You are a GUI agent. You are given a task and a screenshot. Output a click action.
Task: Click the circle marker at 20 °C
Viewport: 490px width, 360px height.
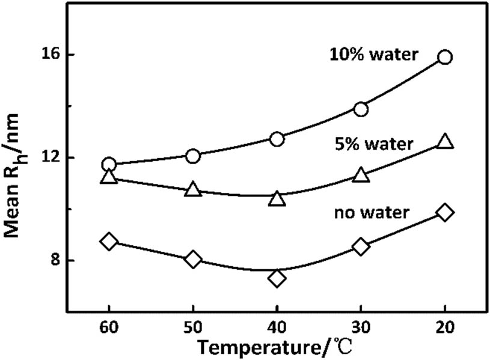click(445, 57)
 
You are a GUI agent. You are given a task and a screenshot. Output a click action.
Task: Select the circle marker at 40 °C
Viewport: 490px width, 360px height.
click(277, 139)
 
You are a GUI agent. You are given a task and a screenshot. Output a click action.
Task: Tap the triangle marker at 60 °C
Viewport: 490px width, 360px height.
click(109, 177)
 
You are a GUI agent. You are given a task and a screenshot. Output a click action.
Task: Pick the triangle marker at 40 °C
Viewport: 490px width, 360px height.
click(277, 199)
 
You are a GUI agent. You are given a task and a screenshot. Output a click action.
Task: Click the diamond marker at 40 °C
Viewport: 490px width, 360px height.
click(277, 278)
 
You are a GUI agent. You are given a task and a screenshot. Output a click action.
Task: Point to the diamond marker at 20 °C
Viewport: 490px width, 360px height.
click(445, 212)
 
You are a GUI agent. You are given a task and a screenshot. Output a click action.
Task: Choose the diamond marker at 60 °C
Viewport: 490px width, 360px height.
click(109, 242)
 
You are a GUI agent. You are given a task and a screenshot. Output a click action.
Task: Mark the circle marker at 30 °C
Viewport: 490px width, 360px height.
click(361, 109)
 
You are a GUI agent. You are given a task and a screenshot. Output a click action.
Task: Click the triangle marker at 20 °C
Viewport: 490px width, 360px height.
click(445, 142)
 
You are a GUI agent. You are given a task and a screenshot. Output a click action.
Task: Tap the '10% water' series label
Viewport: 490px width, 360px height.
click(373, 55)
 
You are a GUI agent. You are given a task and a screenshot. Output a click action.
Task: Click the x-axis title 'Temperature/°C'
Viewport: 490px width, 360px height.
click(277, 347)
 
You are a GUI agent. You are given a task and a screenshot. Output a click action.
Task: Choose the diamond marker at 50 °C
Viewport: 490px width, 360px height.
click(193, 260)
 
